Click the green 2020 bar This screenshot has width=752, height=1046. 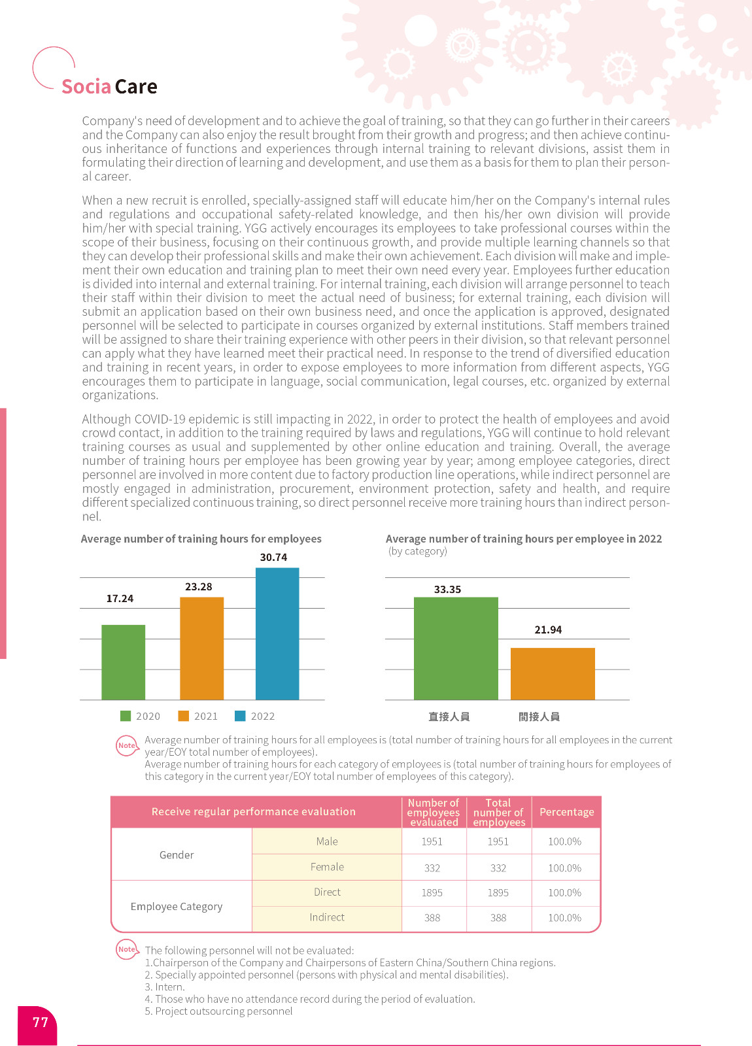pos(123,662)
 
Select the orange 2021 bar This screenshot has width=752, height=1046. pos(201,648)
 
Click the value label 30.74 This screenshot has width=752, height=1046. pos(273,558)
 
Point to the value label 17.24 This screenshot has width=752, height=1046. pos(120,599)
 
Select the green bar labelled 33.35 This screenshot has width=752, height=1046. pos(456,648)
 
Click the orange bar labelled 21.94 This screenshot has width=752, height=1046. pos(553,673)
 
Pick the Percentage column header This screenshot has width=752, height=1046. pos(566,812)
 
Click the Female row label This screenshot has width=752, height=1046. pos(327,867)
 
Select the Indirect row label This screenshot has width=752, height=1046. pos(327,917)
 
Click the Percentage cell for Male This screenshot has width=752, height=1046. pos(564,841)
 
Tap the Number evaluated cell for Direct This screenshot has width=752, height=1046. pos(432,892)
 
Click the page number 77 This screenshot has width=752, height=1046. pos(41,1022)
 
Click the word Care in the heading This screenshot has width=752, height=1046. pos(136,87)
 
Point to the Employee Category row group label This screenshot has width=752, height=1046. pos(177,907)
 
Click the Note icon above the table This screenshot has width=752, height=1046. pos(127,745)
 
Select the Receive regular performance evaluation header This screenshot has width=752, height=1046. pos(254,812)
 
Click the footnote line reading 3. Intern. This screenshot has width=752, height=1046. pos(165,987)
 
